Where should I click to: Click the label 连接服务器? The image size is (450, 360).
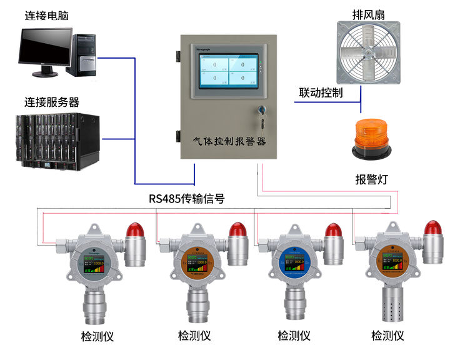coord(52,101)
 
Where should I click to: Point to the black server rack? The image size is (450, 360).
coord(58,142)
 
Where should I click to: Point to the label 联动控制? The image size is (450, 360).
coord(321,93)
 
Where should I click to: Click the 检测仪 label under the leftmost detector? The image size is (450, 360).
coord(97,336)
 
